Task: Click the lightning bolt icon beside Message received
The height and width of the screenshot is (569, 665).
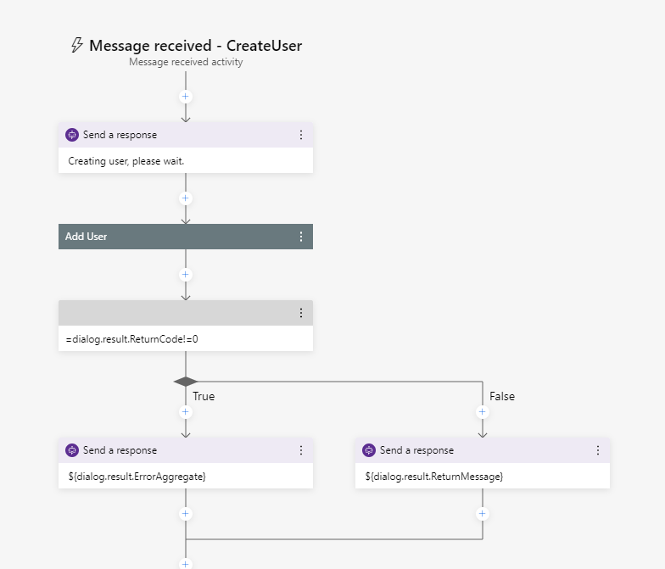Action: [77, 46]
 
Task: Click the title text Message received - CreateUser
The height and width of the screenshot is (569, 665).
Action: [195, 46]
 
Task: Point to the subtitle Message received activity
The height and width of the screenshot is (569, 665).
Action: [186, 62]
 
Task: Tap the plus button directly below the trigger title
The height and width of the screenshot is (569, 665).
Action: [186, 97]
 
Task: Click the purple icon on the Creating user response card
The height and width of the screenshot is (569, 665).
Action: [72, 135]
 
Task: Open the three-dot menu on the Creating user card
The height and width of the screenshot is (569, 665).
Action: [300, 135]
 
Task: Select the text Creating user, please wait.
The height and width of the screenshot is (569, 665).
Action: [126, 160]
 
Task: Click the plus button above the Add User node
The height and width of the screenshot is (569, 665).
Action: [186, 198]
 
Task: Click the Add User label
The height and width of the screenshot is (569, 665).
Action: [87, 237]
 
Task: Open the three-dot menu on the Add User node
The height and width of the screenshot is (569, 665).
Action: [300, 237]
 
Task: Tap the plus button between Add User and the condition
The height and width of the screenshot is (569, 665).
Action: [186, 275]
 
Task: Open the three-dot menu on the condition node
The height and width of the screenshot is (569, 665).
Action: [300, 313]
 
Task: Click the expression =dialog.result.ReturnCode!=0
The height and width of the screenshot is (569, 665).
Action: [131, 338]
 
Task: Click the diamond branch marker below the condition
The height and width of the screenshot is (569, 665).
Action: [186, 382]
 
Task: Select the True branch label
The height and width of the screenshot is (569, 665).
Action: [204, 396]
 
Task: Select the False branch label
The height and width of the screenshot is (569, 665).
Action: [502, 396]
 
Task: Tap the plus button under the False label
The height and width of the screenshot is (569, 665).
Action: [483, 412]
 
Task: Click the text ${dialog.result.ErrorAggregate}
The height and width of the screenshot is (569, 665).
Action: [137, 477]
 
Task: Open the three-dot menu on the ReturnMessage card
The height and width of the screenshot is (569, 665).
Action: [597, 450]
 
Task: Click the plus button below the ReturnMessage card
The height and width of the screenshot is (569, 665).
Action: [483, 514]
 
